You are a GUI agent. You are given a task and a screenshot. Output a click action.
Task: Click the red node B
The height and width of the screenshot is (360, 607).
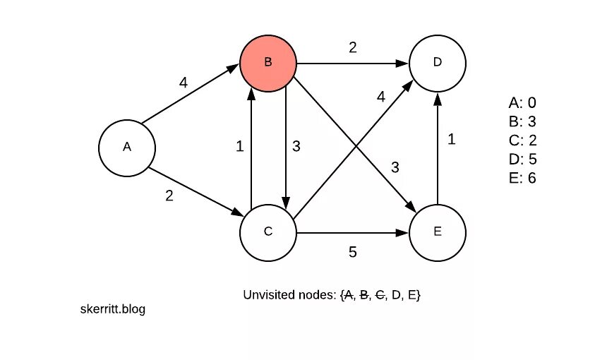click(268, 62)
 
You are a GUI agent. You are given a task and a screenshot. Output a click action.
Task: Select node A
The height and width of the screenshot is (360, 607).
click(127, 147)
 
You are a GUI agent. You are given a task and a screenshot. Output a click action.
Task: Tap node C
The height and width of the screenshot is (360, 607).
click(268, 232)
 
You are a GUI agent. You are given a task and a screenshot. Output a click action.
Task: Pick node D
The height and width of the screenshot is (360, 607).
click(438, 62)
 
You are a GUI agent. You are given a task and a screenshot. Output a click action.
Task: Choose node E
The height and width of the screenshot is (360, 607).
click(438, 232)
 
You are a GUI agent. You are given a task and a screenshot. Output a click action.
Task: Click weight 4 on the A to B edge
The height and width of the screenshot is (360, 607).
click(184, 83)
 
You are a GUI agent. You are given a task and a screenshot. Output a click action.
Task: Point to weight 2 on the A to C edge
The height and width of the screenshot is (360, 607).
click(169, 196)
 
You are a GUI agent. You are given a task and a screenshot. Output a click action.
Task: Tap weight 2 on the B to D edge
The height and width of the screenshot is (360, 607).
click(353, 48)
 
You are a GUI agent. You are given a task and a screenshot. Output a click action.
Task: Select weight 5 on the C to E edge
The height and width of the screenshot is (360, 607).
click(353, 251)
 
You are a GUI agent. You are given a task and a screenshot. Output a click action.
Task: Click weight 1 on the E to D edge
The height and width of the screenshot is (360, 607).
click(452, 139)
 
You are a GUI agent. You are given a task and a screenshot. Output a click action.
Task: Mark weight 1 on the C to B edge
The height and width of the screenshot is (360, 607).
click(240, 146)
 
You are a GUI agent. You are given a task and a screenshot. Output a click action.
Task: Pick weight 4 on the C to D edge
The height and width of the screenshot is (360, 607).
click(381, 97)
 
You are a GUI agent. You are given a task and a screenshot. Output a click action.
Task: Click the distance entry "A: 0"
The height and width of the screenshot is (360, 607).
click(522, 103)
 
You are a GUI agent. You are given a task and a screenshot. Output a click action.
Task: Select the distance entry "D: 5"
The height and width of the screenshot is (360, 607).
click(522, 159)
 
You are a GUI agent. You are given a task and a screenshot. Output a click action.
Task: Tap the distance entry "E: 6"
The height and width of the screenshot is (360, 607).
click(522, 178)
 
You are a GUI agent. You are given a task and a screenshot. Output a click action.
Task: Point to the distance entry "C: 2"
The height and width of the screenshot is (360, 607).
click(522, 140)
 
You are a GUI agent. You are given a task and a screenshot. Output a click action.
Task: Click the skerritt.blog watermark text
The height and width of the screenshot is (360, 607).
click(114, 309)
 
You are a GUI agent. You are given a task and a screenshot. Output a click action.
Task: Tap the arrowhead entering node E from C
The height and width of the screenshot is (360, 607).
click(404, 232)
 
